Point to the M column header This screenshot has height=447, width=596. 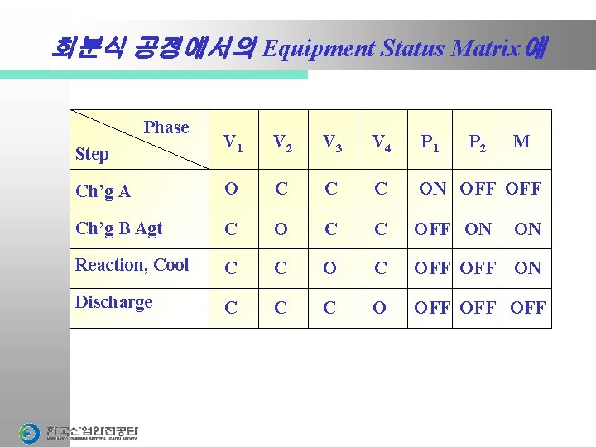point(521,142)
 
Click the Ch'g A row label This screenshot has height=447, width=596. point(103,191)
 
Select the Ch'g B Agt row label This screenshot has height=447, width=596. point(118,228)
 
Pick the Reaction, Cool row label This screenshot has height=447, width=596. point(132,265)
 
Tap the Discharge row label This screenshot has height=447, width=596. point(113,302)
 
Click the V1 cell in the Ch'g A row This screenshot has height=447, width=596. point(231,189)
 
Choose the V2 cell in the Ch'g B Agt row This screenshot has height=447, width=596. point(281,228)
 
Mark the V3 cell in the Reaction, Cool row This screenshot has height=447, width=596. point(330,268)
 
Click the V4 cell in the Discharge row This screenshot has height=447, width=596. point(380,308)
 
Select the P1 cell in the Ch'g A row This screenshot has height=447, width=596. point(433,189)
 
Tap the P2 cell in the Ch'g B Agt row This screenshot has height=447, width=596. point(478,228)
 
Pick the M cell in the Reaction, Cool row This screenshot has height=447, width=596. point(527,268)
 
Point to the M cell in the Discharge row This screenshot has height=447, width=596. point(527,308)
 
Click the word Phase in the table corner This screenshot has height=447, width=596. point(166,127)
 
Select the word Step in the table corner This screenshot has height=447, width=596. point(91,154)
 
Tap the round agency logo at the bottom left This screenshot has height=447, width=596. point(29,433)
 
